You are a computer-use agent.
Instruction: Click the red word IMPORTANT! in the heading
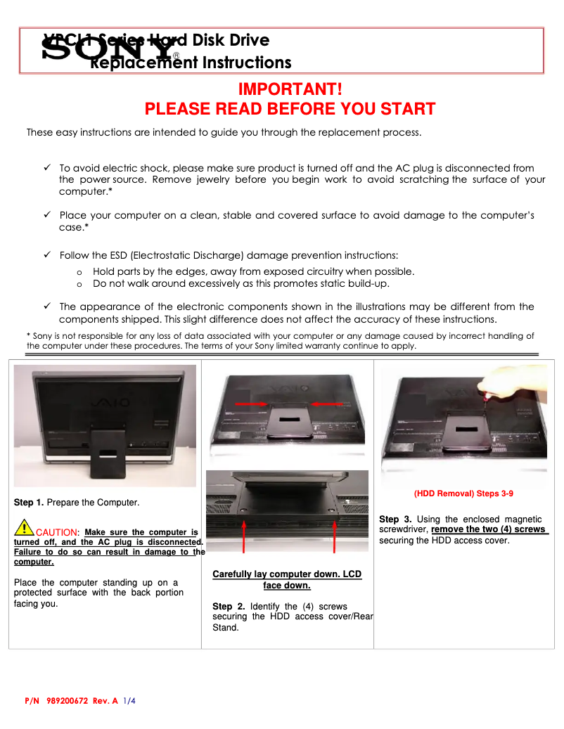pyautogui.click(x=290, y=90)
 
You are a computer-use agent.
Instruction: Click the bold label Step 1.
pyautogui.click(x=29, y=503)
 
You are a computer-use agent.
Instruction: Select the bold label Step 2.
pyautogui.click(x=228, y=606)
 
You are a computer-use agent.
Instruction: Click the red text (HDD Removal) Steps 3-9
pyautogui.click(x=463, y=493)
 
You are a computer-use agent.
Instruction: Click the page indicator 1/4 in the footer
pyautogui.click(x=129, y=701)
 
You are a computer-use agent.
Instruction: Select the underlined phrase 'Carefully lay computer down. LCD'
pyautogui.click(x=287, y=574)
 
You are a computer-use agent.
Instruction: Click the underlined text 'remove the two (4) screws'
pyautogui.click(x=489, y=529)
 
